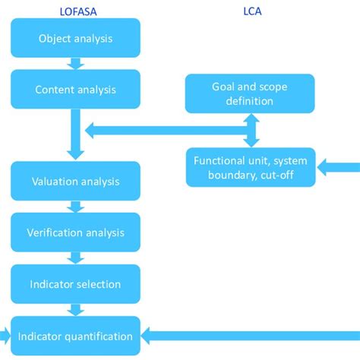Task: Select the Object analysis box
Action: coord(75,38)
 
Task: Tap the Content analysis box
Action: coord(75,90)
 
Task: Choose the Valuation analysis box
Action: coord(75,182)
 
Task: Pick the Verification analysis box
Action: coord(75,232)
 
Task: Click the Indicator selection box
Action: coord(75,284)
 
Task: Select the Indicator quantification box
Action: coord(75,336)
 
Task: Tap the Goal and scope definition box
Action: coord(250,93)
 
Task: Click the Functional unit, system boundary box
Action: coord(250,167)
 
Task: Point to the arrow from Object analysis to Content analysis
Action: coord(75,64)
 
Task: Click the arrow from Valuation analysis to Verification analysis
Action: coord(75,207)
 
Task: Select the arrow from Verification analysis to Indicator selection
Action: coord(75,258)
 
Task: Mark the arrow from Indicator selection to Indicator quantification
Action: coord(75,310)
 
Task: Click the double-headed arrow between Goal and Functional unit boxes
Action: coord(250,131)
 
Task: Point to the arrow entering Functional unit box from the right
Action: coord(338,166)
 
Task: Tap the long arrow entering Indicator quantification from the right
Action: coord(251,335)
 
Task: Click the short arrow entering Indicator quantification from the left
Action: coord(5,335)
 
